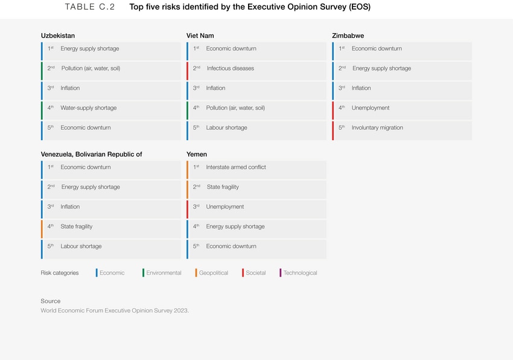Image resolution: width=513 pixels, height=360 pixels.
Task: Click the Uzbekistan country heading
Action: pyautogui.click(x=58, y=36)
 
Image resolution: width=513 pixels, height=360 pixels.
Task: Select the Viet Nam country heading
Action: pyautogui.click(x=200, y=36)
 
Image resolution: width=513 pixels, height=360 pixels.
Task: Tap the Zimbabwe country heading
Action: pyautogui.click(x=348, y=36)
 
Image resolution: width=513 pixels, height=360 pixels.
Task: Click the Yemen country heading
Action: pyautogui.click(x=197, y=155)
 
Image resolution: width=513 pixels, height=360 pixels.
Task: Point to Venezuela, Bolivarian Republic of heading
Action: pyautogui.click(x=92, y=155)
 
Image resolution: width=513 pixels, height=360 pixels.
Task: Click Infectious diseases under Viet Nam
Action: pyautogui.click(x=230, y=69)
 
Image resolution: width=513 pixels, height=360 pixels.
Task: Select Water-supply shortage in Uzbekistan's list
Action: pyautogui.click(x=88, y=108)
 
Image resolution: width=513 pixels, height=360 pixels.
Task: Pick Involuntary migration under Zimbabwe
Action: pyautogui.click(x=377, y=128)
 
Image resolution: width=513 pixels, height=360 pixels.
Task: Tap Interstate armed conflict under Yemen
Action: pyautogui.click(x=236, y=167)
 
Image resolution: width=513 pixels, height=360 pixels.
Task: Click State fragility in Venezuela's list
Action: pyautogui.click(x=77, y=227)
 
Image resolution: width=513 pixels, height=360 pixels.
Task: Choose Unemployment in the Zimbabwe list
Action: pyautogui.click(x=371, y=108)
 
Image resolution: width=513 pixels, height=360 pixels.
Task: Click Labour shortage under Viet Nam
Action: pyautogui.click(x=226, y=128)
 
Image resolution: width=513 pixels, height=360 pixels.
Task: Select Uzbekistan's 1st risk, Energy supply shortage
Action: pyautogui.click(x=89, y=49)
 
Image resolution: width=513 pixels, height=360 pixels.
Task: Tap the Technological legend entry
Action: pyautogui.click(x=300, y=273)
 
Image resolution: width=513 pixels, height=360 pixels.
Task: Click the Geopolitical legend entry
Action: pyautogui.click(x=214, y=273)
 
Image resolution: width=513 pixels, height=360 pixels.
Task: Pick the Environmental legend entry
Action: pyautogui.click(x=164, y=273)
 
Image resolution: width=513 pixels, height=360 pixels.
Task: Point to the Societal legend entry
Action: pyautogui.click(x=256, y=273)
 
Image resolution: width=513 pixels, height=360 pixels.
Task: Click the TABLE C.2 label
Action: pyautogui.click(x=89, y=8)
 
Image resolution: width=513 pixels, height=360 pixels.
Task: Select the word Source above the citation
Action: pyautogui.click(x=51, y=301)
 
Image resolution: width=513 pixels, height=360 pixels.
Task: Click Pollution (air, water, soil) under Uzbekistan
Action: pyautogui.click(x=91, y=69)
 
